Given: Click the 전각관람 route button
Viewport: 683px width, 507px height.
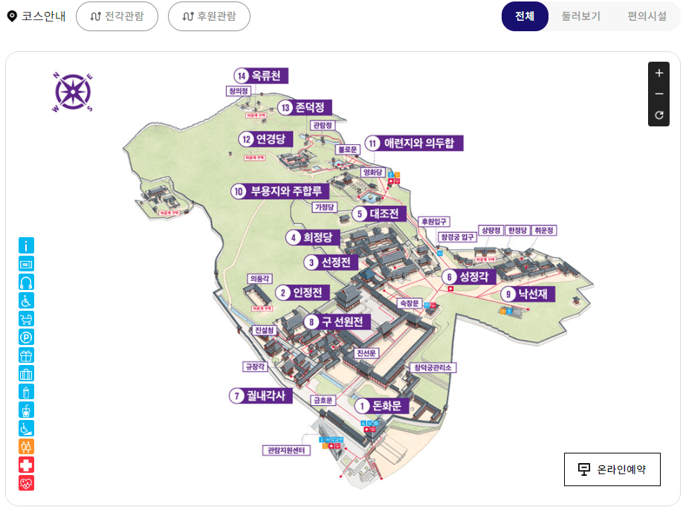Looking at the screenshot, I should pos(117,16).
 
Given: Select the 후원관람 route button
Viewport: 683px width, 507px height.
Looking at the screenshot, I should pos(209,16).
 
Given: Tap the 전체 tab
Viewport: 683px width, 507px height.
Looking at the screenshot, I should pos(525,16).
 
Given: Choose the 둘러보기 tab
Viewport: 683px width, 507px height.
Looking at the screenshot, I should pos(581,16).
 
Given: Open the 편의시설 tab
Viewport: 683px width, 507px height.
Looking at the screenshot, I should pos(647,16).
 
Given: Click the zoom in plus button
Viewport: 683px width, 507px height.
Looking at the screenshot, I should pos(658,73).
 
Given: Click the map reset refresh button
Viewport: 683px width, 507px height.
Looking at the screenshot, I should pos(658,115).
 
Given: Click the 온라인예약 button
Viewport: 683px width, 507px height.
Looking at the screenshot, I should pos(612,469).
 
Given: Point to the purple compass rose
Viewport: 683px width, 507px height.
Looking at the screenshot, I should pos(73,91).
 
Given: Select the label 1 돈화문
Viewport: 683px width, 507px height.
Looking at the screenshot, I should pos(380,406).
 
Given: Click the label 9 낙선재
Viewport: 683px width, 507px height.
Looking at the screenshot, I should pos(528,294).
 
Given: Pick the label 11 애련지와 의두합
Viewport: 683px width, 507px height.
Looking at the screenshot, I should pos(414,143).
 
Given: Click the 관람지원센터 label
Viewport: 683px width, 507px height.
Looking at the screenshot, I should pos(287,451).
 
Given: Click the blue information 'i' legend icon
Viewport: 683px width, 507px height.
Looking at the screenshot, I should pos(27,245).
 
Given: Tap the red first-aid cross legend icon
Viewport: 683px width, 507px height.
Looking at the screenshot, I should pos(27,465).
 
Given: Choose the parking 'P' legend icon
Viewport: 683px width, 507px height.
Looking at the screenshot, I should pos(27,337).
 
